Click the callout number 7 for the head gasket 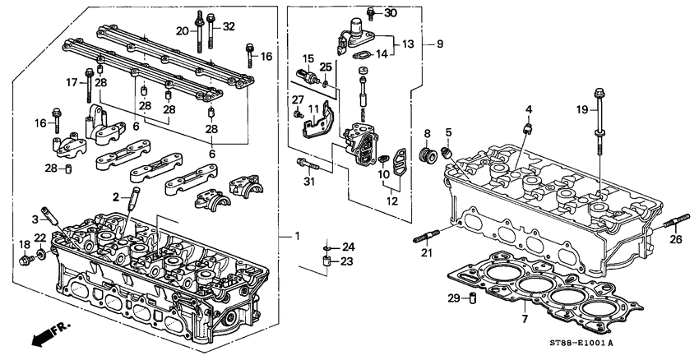click(524, 317)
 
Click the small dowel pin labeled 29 click(473, 298)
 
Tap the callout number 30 click(391, 14)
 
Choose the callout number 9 click(439, 43)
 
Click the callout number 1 click(298, 238)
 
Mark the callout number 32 click(229, 26)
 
